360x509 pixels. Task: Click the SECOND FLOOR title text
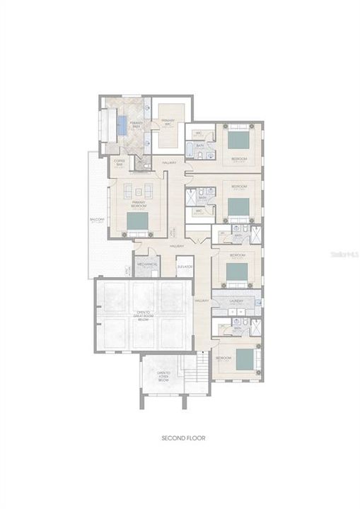[183, 438]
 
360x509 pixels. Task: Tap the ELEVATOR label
[185, 267]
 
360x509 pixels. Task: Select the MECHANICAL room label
[146, 264]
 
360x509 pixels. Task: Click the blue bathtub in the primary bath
[122, 125]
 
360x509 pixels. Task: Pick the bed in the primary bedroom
[138, 223]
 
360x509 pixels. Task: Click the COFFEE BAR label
[120, 162]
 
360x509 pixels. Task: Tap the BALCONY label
[97, 221]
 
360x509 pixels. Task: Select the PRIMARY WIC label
[168, 122]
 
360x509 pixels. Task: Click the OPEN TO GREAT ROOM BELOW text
[143, 315]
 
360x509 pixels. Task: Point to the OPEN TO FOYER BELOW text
[163, 375]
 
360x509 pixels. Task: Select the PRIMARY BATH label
[137, 124]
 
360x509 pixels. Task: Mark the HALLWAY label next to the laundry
[202, 300]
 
